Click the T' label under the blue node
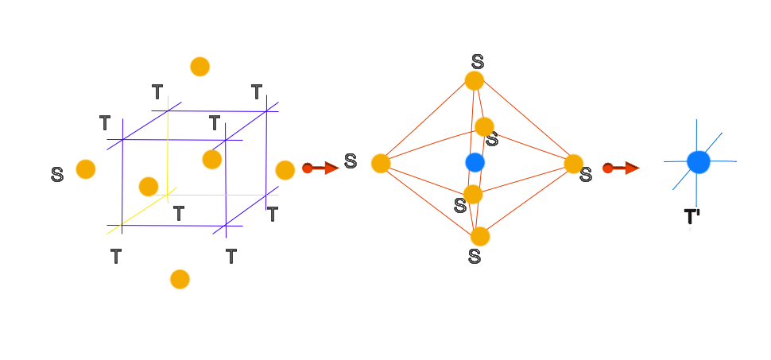[x=692, y=217]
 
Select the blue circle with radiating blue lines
[x=698, y=161]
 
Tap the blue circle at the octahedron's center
[x=475, y=162]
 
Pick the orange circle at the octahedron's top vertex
[x=474, y=80]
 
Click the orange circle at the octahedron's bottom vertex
[x=479, y=236]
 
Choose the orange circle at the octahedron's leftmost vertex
[x=381, y=163]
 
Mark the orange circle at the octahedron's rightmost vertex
[x=574, y=164]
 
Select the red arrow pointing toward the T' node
[x=621, y=168]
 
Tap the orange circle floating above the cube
[x=200, y=67]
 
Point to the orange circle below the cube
[x=180, y=279]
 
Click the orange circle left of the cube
[x=85, y=169]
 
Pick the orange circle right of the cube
[x=285, y=170]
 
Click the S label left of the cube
[x=57, y=175]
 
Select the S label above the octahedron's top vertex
[x=477, y=61]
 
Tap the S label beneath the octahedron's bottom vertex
[x=475, y=256]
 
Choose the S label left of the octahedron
[x=351, y=162]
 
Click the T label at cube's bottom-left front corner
[x=116, y=256]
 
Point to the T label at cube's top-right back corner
[x=257, y=92]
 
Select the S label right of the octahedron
[x=586, y=175]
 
